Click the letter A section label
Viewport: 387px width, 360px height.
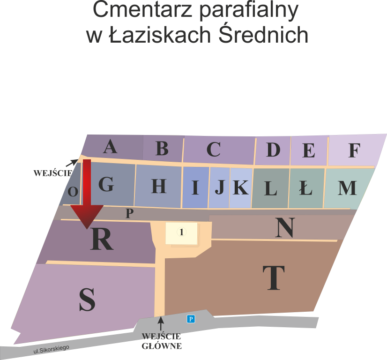[110, 147]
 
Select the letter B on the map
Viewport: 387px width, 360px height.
[162, 149]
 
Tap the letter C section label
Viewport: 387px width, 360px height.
[213, 150]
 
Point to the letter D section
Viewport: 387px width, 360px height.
[273, 150]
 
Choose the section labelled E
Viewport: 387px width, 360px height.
[309, 151]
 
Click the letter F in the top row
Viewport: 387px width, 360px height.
[354, 151]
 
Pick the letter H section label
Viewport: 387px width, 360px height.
[159, 187]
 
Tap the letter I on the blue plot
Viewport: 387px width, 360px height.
[195, 188]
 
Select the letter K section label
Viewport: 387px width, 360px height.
[240, 188]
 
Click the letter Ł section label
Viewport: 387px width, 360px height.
[305, 188]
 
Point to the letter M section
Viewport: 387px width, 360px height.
[347, 188]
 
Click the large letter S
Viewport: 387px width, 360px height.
[87, 300]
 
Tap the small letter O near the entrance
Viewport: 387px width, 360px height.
[73, 192]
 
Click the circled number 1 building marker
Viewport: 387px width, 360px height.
[181, 232]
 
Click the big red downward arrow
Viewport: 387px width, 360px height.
[87, 197]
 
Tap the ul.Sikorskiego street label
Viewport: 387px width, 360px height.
[51, 349]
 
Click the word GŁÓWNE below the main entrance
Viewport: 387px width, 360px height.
[162, 346]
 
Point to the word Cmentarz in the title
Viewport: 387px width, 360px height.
[141, 11]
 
